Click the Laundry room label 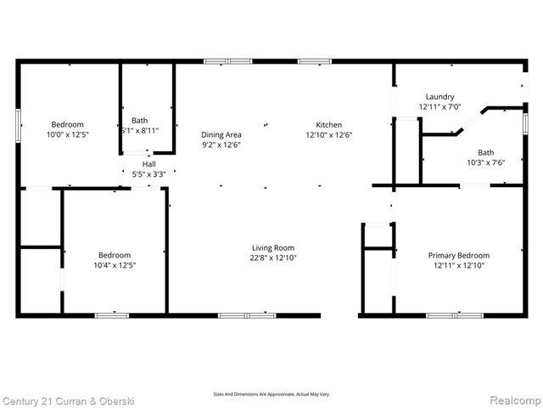coord(439,97)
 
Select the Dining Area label coord(221,134)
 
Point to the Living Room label coord(272,247)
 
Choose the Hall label coord(149,164)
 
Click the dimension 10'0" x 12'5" coord(67,134)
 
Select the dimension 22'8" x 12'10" coord(272,258)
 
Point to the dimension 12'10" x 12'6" coord(329,134)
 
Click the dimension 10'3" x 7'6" coord(485,162)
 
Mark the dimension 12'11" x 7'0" coord(439,107)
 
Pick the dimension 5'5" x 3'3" coord(149,174)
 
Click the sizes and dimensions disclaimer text coord(271,394)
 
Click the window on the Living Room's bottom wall coord(247,315)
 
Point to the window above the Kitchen coord(314,61)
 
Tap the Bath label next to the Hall coord(139,121)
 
